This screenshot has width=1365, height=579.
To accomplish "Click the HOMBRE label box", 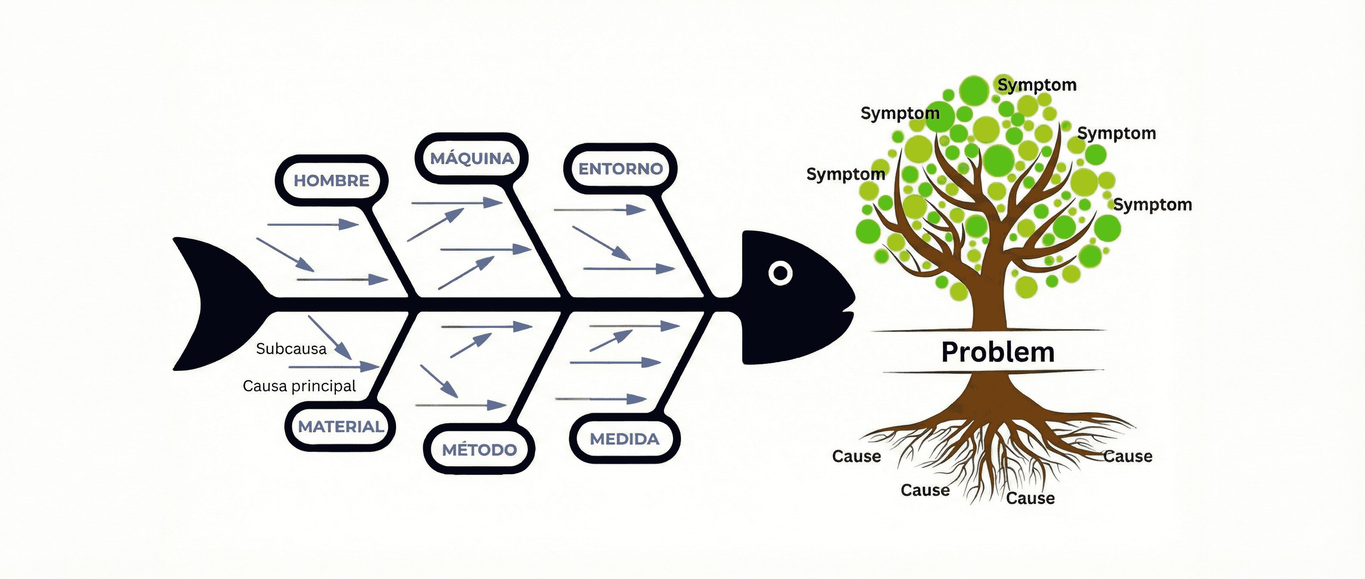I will (x=332, y=181).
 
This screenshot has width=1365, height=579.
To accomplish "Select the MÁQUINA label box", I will (x=472, y=159).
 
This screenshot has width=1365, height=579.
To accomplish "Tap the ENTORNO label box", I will (x=620, y=169).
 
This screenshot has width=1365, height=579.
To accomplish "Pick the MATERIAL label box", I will (x=341, y=426).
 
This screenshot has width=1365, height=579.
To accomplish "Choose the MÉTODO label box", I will (x=479, y=450).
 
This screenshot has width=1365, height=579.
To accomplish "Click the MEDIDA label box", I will (x=624, y=439).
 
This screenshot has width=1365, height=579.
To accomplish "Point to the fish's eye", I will (x=780, y=273).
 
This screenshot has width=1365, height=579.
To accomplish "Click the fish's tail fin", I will (x=212, y=304).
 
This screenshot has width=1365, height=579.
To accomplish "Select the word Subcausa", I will (x=291, y=349).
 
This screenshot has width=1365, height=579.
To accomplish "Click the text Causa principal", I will (x=299, y=386).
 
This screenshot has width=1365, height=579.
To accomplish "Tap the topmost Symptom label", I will (x=1037, y=85).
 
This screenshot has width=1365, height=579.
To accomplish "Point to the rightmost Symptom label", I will (x=1153, y=205).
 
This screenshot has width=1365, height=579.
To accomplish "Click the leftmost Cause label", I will (x=856, y=456).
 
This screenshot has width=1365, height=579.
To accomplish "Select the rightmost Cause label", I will (x=1128, y=456).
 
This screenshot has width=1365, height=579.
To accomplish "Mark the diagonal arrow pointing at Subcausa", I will (x=330, y=337).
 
